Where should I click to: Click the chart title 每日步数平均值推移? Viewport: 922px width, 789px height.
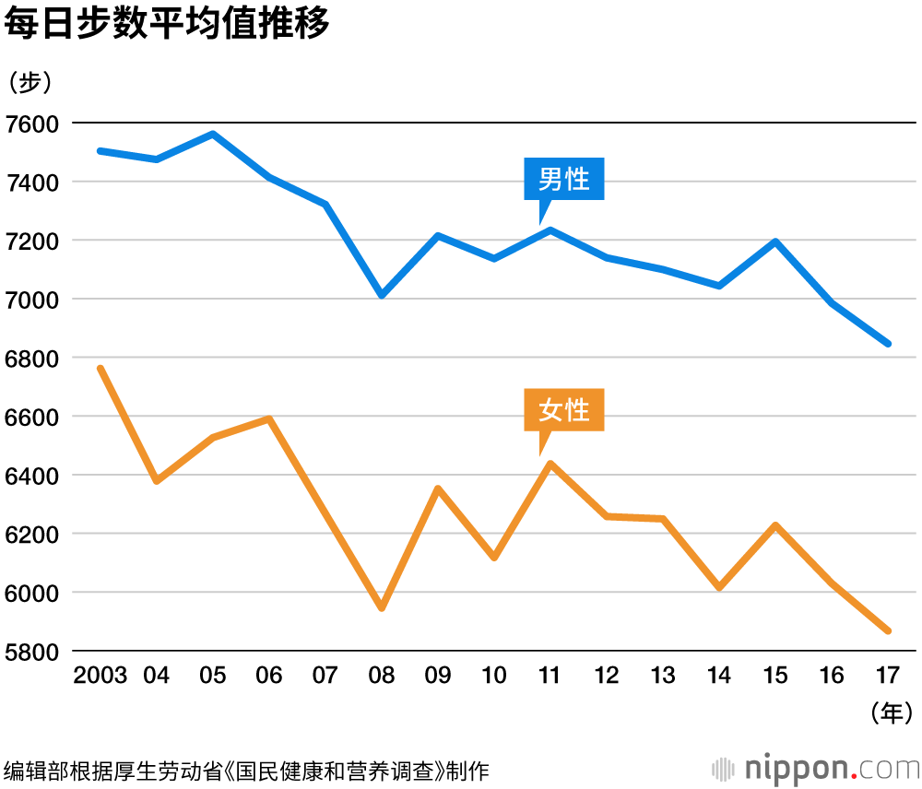point(167,25)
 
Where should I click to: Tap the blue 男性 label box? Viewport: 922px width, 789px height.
point(563,179)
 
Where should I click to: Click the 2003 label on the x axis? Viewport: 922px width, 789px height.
point(100,676)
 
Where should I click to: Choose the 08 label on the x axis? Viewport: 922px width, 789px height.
point(381,676)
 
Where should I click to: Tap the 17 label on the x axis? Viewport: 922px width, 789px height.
point(888,676)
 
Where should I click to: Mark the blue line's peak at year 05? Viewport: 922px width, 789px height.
point(212,134)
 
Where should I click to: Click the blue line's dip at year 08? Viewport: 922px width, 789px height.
point(381,295)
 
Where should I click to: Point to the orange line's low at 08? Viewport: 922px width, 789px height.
point(381,608)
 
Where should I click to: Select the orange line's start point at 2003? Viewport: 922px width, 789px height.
point(100,369)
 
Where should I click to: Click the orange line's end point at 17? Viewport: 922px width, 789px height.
point(888,630)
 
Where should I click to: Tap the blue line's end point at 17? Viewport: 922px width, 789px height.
point(888,343)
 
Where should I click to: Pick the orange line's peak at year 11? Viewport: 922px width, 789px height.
point(550,463)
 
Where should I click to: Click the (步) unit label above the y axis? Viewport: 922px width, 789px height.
point(30,82)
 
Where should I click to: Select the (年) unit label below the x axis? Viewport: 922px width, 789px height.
point(891,712)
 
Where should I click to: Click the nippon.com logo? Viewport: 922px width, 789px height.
point(817,769)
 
